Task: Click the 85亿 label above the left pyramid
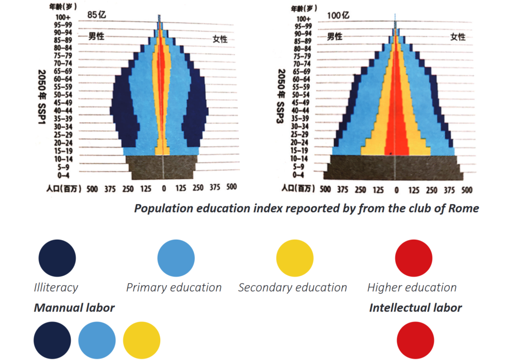(97, 15)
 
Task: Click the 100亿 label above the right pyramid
(338, 15)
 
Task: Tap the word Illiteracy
(56, 288)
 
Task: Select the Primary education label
(174, 288)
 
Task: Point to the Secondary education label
(292, 288)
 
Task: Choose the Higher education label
(412, 288)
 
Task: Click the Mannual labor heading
(74, 308)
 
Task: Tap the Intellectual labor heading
(415, 308)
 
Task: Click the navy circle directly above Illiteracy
(57, 258)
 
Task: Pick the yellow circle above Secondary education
(295, 258)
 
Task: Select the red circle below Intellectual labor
(415, 341)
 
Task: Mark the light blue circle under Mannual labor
(97, 341)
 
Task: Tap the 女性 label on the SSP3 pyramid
(458, 37)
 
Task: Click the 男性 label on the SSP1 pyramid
(96, 36)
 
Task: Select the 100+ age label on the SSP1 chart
(63, 17)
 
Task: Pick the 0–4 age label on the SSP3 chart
(298, 175)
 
